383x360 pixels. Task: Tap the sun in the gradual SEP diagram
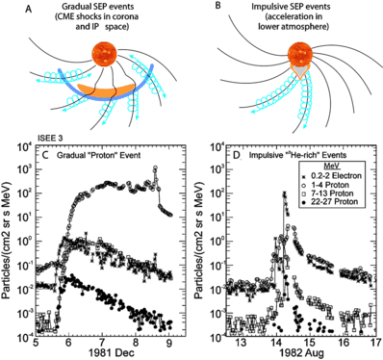tap(108, 56)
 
